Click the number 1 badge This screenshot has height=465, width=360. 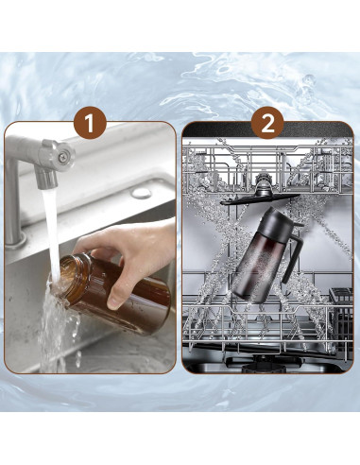tap(90, 122)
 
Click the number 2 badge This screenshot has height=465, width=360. tap(267, 122)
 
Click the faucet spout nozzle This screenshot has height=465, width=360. tap(46, 179)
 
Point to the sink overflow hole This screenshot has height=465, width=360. tap(141, 193)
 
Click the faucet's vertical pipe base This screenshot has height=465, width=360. tap(15, 240)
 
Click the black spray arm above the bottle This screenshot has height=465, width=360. tap(260, 199)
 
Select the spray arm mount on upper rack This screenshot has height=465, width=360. tap(263, 185)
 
